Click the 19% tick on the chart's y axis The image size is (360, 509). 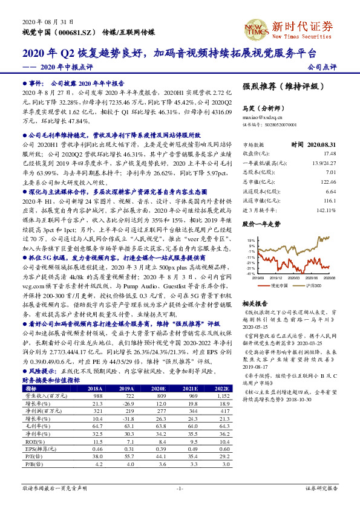(x=250, y=241)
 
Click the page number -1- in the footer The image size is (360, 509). (x=180, y=487)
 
